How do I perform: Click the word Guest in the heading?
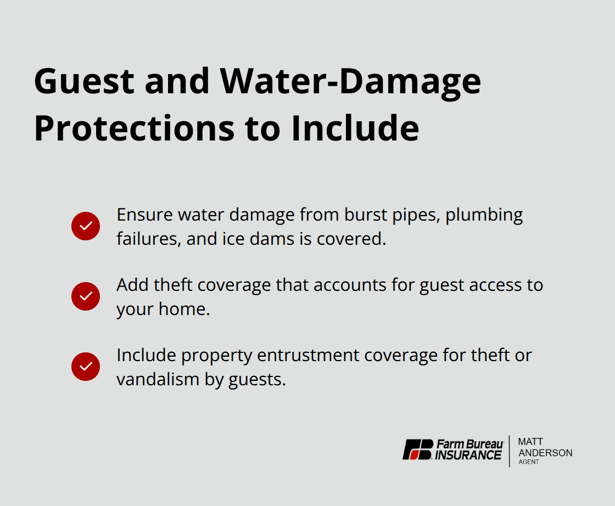pyautogui.click(x=84, y=82)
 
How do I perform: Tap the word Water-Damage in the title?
pyautogui.click(x=350, y=82)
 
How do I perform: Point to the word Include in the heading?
pyautogui.click(x=355, y=128)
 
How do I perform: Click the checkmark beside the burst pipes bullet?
pyautogui.click(x=86, y=226)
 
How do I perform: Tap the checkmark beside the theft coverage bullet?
pyautogui.click(x=86, y=296)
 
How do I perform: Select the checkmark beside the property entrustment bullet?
pyautogui.click(x=86, y=367)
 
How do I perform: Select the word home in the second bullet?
pyautogui.click(x=184, y=309)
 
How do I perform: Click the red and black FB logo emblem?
pyautogui.click(x=418, y=449)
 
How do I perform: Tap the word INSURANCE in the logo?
pyautogui.click(x=468, y=455)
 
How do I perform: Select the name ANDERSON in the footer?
pyautogui.click(x=545, y=453)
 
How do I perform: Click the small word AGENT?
pyautogui.click(x=528, y=462)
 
